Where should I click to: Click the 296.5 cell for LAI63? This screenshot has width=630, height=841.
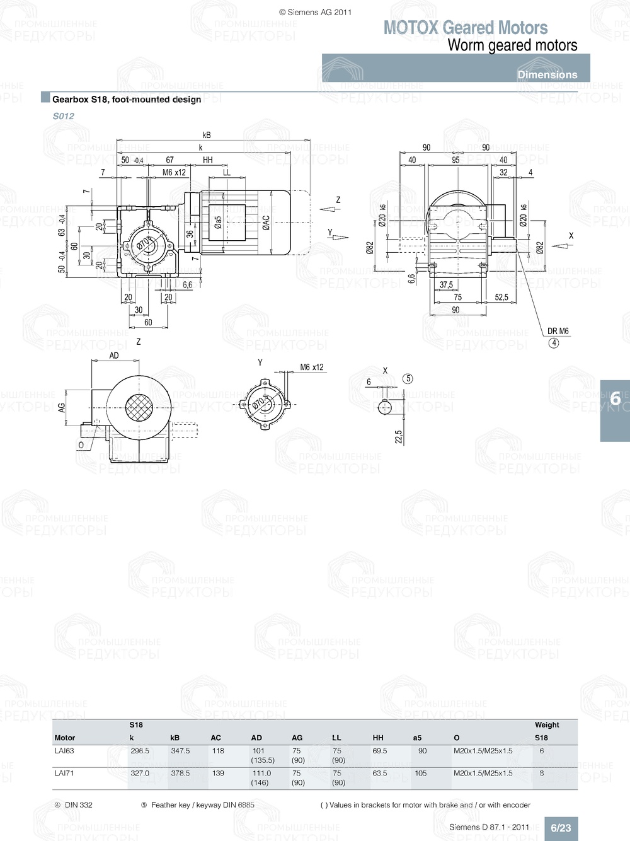(140, 751)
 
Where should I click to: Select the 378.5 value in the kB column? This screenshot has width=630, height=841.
(180, 773)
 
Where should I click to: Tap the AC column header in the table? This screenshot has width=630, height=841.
(216, 738)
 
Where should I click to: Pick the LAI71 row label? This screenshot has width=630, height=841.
(64, 773)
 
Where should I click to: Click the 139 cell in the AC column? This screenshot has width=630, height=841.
(218, 773)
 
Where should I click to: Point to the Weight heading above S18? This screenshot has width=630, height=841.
(547, 725)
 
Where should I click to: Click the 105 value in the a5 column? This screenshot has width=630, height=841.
(421, 773)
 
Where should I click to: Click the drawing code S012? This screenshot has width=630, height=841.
(64, 116)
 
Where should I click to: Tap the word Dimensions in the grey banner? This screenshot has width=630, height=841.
(547, 74)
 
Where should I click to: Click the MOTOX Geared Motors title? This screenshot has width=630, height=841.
(466, 28)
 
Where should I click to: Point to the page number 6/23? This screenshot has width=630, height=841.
(561, 828)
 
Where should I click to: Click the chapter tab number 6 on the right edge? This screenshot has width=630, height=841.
(615, 398)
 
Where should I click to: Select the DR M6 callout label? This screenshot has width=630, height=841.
(558, 331)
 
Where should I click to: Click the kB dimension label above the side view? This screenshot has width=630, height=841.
(207, 135)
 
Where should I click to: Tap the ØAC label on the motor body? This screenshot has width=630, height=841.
(266, 223)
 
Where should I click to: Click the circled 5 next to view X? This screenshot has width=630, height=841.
(408, 379)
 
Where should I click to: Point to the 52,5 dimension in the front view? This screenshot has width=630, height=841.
(501, 297)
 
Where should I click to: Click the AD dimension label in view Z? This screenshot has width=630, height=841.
(114, 356)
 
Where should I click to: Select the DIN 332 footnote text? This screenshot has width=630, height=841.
(78, 805)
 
